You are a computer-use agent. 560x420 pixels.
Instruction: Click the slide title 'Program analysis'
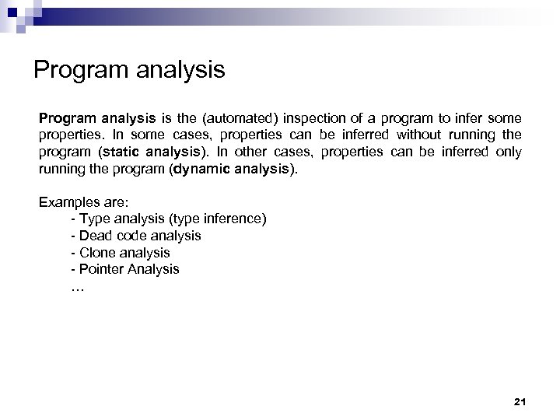(x=129, y=71)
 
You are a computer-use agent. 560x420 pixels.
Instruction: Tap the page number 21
(x=520, y=401)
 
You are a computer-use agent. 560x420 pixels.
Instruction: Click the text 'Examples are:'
(x=78, y=202)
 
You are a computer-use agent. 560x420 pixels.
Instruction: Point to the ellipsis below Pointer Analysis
(x=77, y=286)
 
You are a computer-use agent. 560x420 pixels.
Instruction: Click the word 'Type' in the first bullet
(x=95, y=219)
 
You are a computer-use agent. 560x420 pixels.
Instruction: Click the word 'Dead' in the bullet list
(x=96, y=236)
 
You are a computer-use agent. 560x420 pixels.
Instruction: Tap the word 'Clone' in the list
(x=97, y=253)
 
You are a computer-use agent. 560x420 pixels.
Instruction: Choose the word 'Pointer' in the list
(x=101, y=269)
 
